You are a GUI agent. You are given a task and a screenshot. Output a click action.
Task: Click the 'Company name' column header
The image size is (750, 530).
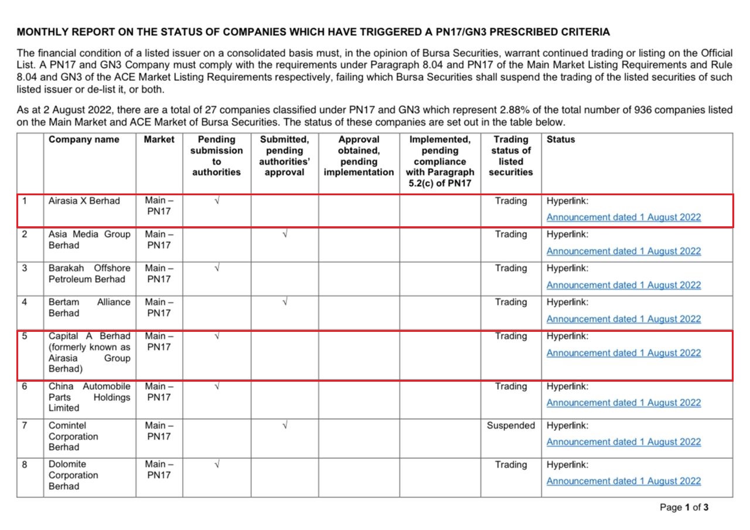pyautogui.click(x=84, y=140)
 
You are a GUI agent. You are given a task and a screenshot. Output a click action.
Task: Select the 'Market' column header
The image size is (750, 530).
pyautogui.click(x=159, y=140)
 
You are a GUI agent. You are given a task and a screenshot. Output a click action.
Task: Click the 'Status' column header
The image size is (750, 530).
pyautogui.click(x=561, y=140)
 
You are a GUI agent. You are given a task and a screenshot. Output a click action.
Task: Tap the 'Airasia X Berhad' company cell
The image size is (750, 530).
pyautogui.click(x=84, y=201)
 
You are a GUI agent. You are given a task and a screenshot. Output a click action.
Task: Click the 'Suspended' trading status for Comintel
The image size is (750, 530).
pyautogui.click(x=510, y=426)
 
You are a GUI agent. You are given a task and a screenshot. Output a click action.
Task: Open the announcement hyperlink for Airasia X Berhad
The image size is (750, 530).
pyautogui.click(x=623, y=218)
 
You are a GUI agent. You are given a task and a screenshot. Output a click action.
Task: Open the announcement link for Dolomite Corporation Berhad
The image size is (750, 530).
pyautogui.click(x=623, y=481)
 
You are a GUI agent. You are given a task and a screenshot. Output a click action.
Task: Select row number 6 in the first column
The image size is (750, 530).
pyautogui.click(x=25, y=387)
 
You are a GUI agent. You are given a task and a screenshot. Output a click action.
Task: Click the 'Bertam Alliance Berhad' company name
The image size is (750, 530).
pyautogui.click(x=89, y=308)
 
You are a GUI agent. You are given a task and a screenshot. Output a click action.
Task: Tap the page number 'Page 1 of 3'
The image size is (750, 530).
pyautogui.click(x=684, y=508)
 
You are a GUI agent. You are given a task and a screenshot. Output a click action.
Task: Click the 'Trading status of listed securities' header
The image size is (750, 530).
pyautogui.click(x=510, y=156)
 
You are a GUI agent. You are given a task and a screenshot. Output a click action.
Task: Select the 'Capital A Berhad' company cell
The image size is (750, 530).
pyautogui.click(x=89, y=352)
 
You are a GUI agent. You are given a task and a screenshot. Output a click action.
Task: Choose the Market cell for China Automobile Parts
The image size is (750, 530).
pyautogui.click(x=159, y=392)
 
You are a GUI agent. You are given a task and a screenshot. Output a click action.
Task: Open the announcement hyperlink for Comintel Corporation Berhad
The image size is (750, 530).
pyautogui.click(x=623, y=442)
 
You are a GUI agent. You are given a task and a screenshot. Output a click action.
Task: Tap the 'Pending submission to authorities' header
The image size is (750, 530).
pyautogui.click(x=216, y=156)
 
